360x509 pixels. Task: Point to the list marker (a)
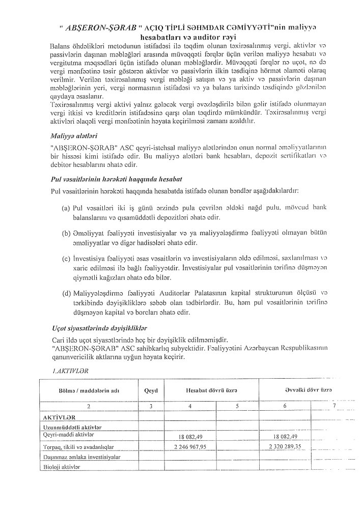click(x=66, y=209)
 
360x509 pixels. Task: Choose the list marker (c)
click(x=66, y=260)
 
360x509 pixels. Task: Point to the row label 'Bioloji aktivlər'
click(x=63, y=466)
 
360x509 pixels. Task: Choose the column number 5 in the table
click(x=237, y=406)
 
